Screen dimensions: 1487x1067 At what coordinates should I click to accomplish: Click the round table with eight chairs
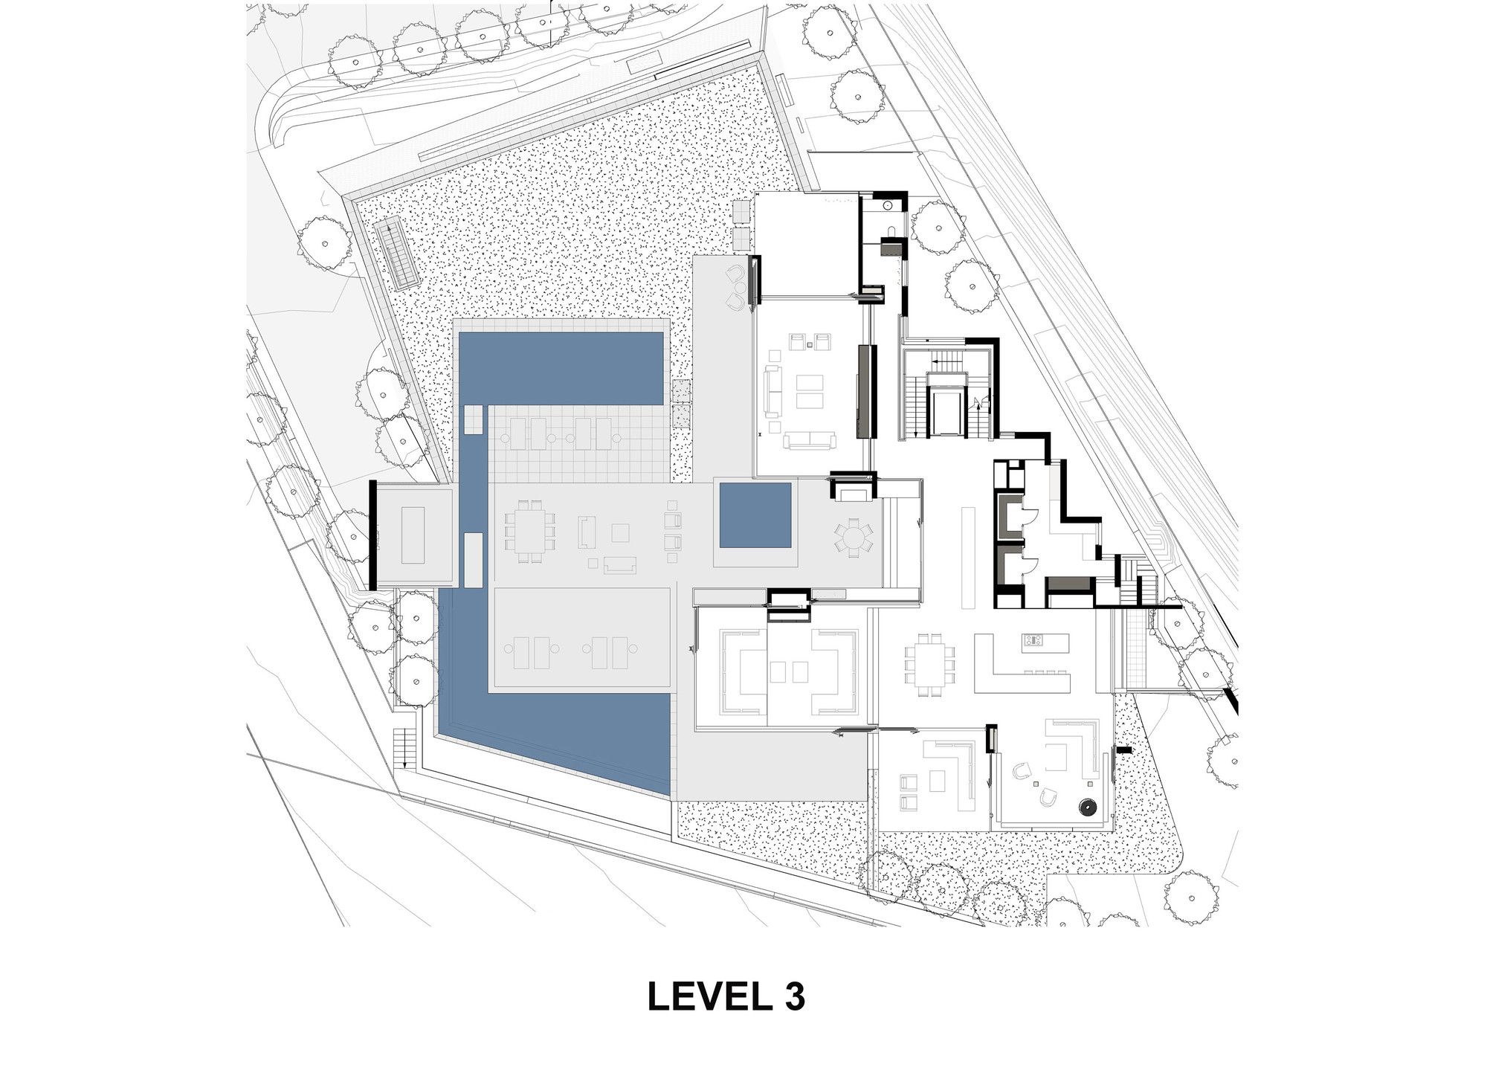click(x=854, y=536)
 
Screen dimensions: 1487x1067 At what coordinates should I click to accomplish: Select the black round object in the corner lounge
click(x=1088, y=807)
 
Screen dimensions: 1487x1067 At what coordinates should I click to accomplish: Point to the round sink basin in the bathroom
click(x=889, y=203)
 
